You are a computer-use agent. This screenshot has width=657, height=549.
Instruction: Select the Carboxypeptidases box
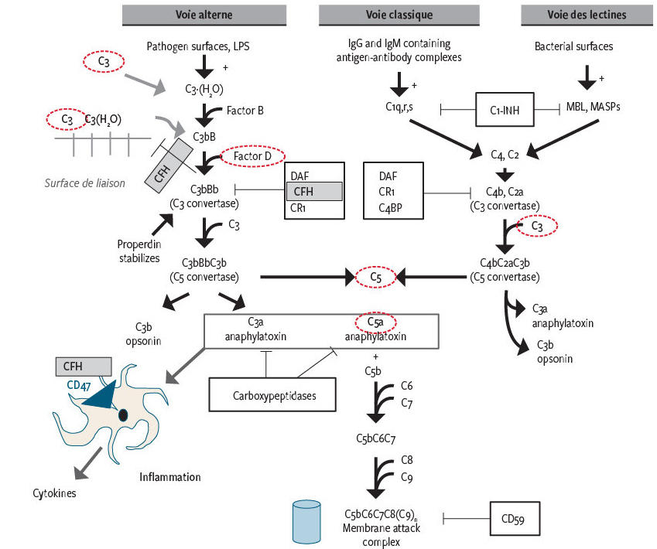[274, 394]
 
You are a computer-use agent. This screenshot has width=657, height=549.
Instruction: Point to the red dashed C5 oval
[375, 276]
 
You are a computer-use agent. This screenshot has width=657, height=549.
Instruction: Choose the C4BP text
[392, 206]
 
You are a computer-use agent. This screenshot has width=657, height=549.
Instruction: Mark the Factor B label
[245, 111]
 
